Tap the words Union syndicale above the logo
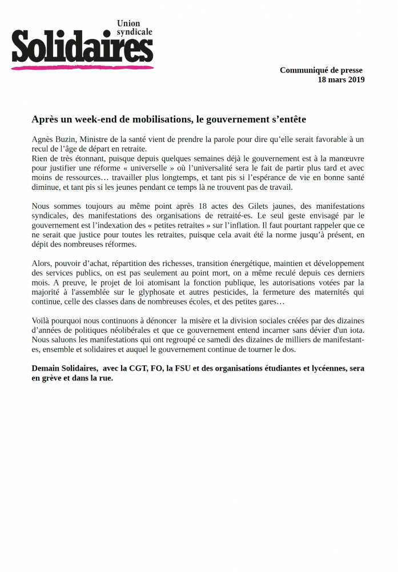(x=135, y=28)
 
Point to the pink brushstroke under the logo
(x=83, y=67)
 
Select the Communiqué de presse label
(x=321, y=70)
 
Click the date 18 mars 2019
(x=341, y=80)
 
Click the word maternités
(x=328, y=292)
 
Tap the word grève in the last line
(x=54, y=378)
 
